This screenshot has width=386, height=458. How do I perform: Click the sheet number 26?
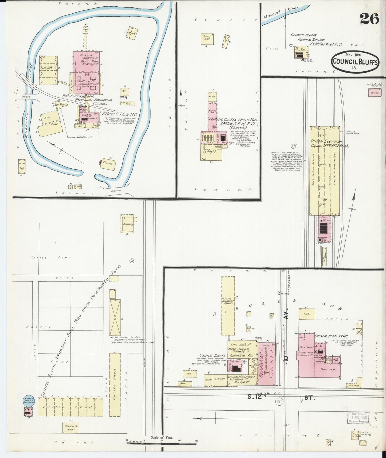(x=369, y=19)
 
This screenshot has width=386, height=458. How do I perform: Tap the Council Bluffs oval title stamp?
(x=355, y=61)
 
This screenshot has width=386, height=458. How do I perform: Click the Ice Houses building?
(x=48, y=70)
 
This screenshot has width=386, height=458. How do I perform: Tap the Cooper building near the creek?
(x=108, y=164)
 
